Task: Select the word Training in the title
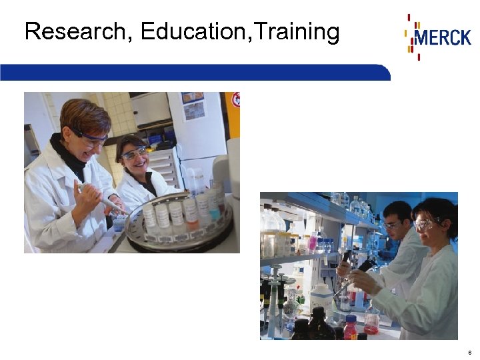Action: tap(297, 31)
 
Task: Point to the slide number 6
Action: tap(470, 352)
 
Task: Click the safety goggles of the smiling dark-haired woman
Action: tap(133, 154)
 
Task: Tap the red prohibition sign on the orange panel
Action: tap(234, 101)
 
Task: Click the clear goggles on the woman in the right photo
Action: tap(425, 225)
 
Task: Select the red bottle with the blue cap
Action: tap(349, 327)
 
